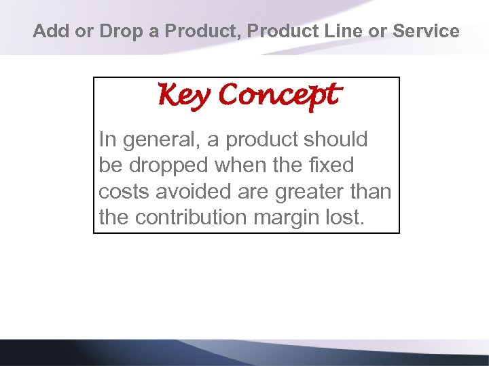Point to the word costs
click(x=124, y=192)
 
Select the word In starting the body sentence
click(x=107, y=140)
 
